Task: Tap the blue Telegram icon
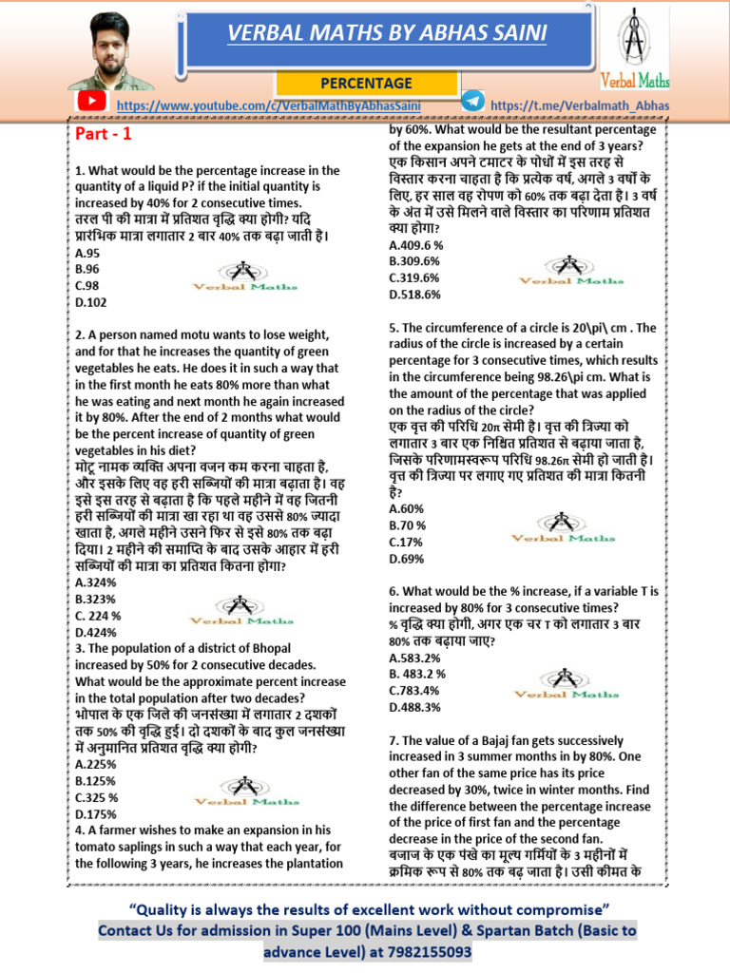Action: [x=471, y=101]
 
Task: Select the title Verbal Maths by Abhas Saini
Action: [x=386, y=34]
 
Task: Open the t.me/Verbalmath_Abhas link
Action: [x=581, y=105]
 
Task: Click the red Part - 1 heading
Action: [x=103, y=134]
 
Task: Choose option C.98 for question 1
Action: [x=87, y=285]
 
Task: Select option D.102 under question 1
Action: [x=90, y=301]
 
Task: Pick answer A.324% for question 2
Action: [x=95, y=582]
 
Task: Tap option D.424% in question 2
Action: [x=95, y=632]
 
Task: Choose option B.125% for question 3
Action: [x=95, y=780]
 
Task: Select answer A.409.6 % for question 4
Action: [x=416, y=244]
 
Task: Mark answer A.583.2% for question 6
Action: [x=414, y=657]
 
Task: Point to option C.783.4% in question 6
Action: [x=414, y=690]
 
